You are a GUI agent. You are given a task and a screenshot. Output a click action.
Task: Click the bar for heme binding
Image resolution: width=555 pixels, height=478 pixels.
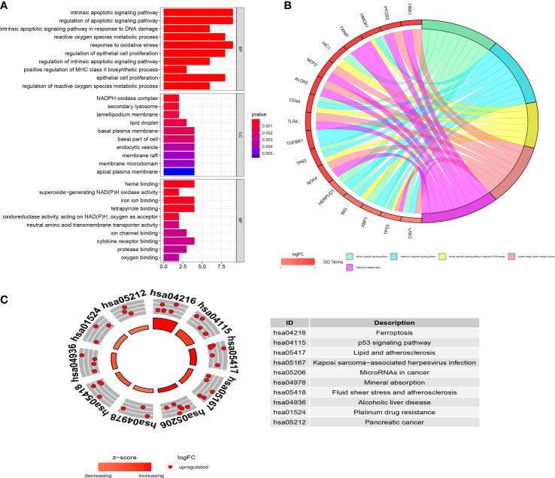coord(179,183)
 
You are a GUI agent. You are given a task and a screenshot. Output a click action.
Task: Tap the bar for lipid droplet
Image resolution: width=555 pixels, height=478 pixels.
coord(174,123)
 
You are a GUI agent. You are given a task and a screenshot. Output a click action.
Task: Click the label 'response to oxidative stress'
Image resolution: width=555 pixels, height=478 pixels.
coord(120,44)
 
